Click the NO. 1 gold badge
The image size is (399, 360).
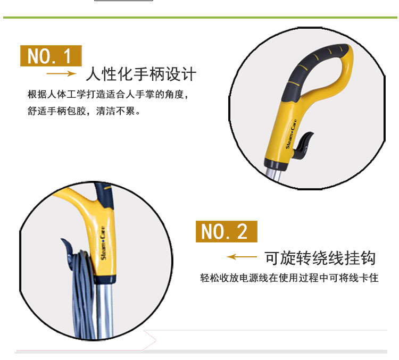point(51,56)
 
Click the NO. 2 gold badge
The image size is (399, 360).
point(227,231)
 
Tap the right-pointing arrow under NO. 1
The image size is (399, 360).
point(61,74)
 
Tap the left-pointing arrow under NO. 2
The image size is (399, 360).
point(242,257)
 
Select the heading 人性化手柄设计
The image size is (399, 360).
point(141,74)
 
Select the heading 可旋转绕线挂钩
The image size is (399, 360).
point(320,258)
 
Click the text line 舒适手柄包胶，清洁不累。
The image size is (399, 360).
point(84,111)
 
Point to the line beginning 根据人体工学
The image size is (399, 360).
point(108,95)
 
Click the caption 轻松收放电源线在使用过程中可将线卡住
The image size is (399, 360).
point(289,278)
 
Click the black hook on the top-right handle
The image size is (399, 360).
point(303,146)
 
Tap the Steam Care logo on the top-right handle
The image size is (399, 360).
point(291,134)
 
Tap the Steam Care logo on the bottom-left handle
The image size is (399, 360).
point(103,243)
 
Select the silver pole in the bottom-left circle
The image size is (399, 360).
point(104,311)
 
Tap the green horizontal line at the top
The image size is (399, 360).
point(200,18)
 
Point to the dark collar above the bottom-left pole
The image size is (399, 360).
point(105,279)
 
